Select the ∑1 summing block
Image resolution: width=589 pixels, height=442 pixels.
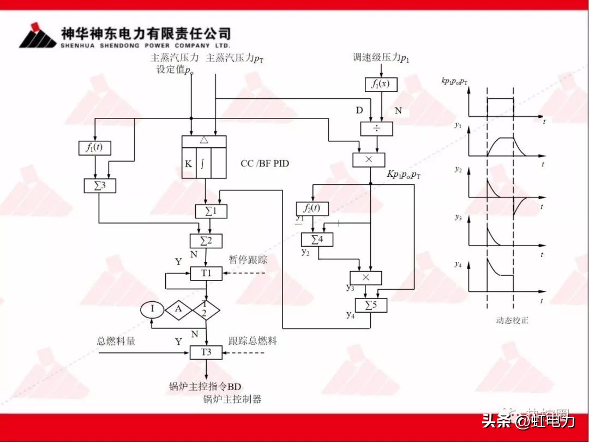(x=211, y=211)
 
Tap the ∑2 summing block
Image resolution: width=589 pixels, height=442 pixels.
(x=205, y=240)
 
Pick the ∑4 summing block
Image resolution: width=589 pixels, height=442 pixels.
(x=317, y=239)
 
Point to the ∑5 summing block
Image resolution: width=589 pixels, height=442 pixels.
(x=371, y=305)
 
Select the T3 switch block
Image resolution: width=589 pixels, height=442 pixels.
(x=206, y=352)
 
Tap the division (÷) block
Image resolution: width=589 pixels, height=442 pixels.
(x=376, y=129)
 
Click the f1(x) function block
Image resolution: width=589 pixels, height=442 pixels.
(x=381, y=84)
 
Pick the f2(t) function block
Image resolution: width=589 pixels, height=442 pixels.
(x=311, y=208)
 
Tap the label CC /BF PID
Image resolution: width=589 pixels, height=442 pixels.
(x=265, y=164)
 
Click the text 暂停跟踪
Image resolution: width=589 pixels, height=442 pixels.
(x=248, y=260)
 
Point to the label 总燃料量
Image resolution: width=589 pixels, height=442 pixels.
(x=116, y=341)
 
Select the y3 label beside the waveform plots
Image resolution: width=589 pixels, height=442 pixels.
(x=458, y=217)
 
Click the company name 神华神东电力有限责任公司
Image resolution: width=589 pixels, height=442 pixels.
(x=146, y=33)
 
